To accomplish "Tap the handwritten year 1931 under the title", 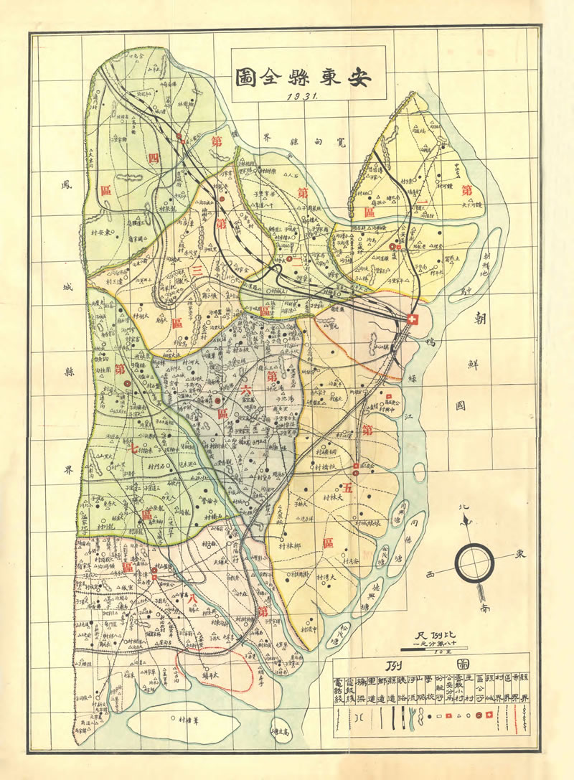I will pos(305,98).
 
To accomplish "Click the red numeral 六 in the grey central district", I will pos(246,392).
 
